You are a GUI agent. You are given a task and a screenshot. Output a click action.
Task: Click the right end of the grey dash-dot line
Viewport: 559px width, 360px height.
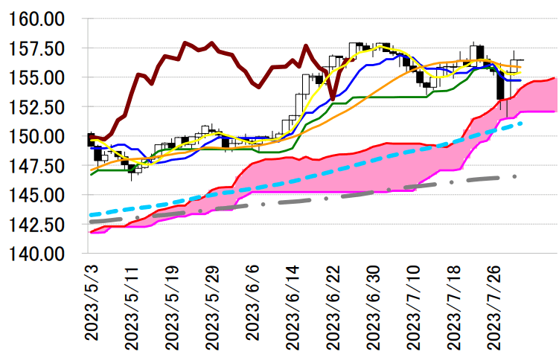coord(515,176)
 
